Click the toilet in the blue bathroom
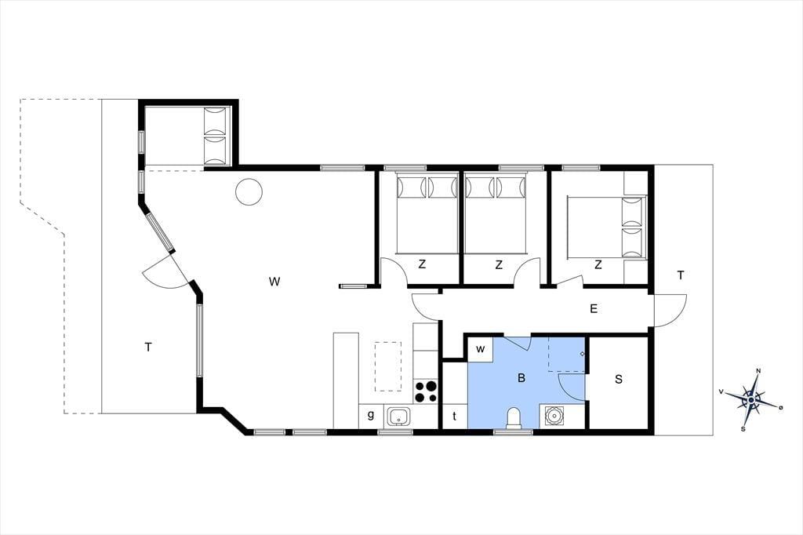(513, 417)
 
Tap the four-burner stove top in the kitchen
(426, 391)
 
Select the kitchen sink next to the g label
(398, 416)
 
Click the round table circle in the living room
(249, 191)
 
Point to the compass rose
(750, 399)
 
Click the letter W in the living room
(274, 282)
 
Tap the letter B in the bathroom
(521, 378)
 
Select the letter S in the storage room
(619, 379)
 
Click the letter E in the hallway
(594, 308)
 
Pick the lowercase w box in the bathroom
(481, 350)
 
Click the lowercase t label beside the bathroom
(454, 417)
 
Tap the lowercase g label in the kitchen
(371, 415)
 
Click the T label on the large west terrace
(148, 348)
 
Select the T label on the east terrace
(681, 275)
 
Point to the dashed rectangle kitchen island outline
(389, 366)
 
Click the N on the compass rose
(758, 372)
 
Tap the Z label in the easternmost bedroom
(598, 265)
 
